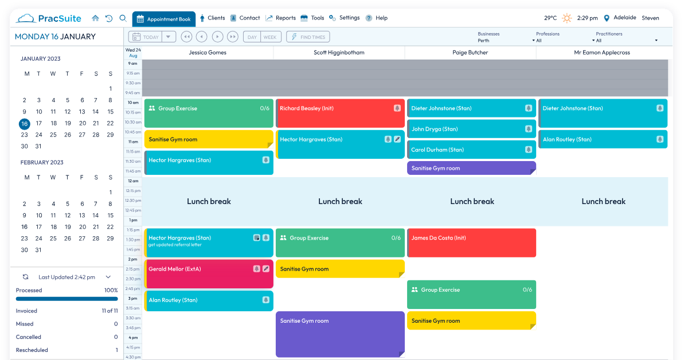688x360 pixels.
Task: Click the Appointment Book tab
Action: click(164, 19)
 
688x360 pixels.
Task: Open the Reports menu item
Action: click(281, 18)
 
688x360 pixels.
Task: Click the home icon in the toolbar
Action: click(95, 18)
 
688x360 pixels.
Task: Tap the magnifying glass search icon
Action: click(123, 18)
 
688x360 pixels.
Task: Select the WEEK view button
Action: click(270, 37)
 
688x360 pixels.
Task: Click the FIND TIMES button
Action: click(308, 37)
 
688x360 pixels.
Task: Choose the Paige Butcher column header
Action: click(470, 53)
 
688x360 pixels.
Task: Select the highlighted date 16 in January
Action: click(25, 124)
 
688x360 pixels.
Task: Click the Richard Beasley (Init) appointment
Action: click(340, 113)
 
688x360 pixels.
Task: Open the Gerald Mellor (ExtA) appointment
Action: click(209, 273)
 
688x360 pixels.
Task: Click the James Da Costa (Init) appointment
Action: click(471, 242)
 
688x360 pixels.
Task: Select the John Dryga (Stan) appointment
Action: click(471, 129)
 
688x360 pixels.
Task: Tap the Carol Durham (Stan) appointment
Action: click(471, 150)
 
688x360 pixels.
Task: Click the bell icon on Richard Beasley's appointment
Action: click(397, 108)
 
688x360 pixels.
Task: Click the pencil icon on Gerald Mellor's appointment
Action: click(266, 269)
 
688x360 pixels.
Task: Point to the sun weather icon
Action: click(566, 18)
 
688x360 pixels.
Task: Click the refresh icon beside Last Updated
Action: click(25, 277)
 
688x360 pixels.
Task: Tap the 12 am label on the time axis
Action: click(133, 181)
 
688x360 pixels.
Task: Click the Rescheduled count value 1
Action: click(117, 350)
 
